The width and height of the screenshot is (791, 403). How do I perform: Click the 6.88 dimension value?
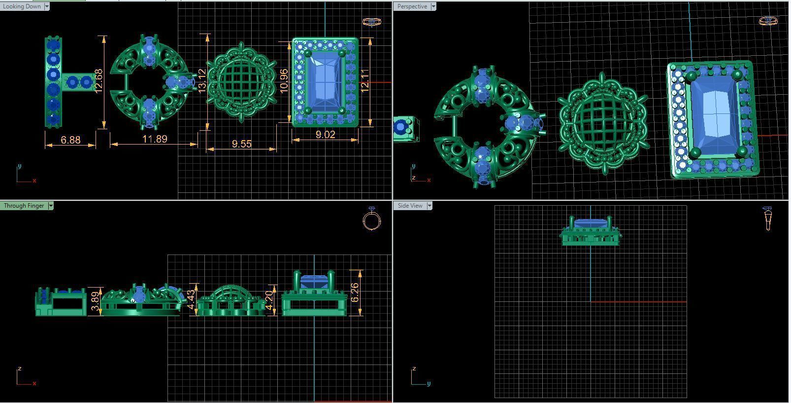pyautogui.click(x=70, y=140)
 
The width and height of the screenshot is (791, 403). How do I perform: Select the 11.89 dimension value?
pyautogui.click(x=155, y=139)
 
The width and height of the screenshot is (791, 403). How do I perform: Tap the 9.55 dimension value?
pyautogui.click(x=241, y=144)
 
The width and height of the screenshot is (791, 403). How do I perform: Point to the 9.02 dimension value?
pyautogui.click(x=325, y=134)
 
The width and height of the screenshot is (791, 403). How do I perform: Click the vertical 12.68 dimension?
pyautogui.click(x=99, y=81)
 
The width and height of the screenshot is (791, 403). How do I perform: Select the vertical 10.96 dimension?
pyautogui.click(x=283, y=80)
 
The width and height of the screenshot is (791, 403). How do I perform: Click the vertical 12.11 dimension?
pyautogui.click(x=365, y=80)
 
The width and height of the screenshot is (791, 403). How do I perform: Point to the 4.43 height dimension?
pyautogui.click(x=191, y=300)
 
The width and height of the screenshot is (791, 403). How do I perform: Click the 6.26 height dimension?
pyautogui.click(x=355, y=293)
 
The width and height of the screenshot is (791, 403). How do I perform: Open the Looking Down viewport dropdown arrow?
pyautogui.click(x=47, y=6)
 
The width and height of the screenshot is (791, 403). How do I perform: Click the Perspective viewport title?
pyautogui.click(x=412, y=6)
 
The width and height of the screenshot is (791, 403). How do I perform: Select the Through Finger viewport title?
pyautogui.click(x=24, y=206)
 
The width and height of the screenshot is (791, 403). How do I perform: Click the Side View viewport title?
pyautogui.click(x=410, y=206)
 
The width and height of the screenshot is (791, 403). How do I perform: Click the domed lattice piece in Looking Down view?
pyautogui.click(x=241, y=81)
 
